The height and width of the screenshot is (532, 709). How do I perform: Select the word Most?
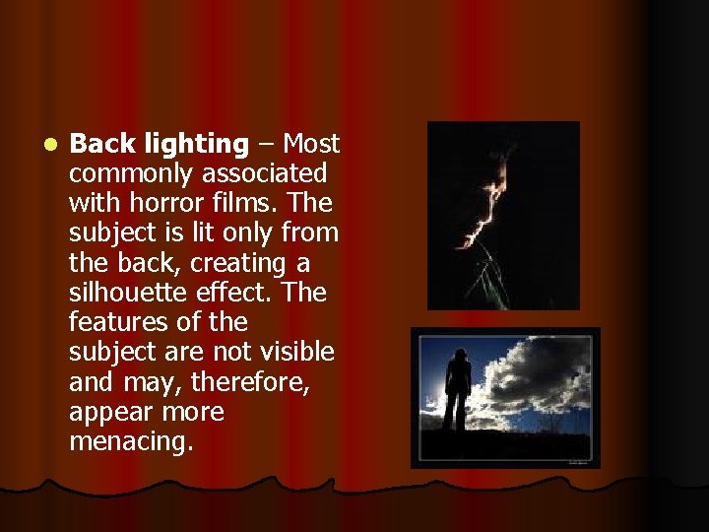(311, 145)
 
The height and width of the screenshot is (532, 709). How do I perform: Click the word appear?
(110, 412)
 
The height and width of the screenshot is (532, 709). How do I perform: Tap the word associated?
(265, 174)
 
